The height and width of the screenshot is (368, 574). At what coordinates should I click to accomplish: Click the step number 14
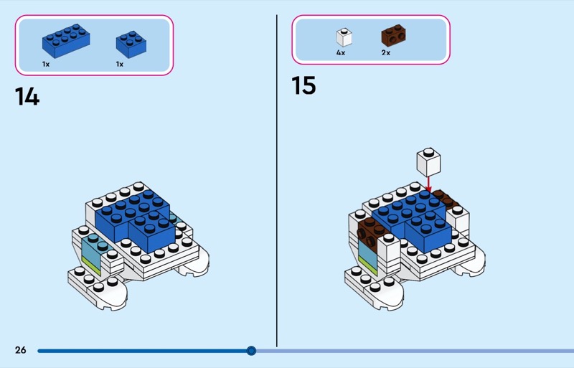tap(27, 96)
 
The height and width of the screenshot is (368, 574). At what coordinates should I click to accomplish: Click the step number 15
tap(304, 85)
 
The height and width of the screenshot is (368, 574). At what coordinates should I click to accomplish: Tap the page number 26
tap(20, 350)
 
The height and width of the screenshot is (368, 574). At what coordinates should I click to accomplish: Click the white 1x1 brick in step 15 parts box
tap(344, 37)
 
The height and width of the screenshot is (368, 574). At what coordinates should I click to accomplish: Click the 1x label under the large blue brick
tap(46, 64)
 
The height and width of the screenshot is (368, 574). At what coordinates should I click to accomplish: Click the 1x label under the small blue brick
tap(120, 64)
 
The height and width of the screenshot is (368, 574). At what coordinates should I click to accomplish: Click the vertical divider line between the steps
tap(277, 179)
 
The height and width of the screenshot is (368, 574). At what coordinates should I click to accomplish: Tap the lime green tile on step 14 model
tap(91, 267)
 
